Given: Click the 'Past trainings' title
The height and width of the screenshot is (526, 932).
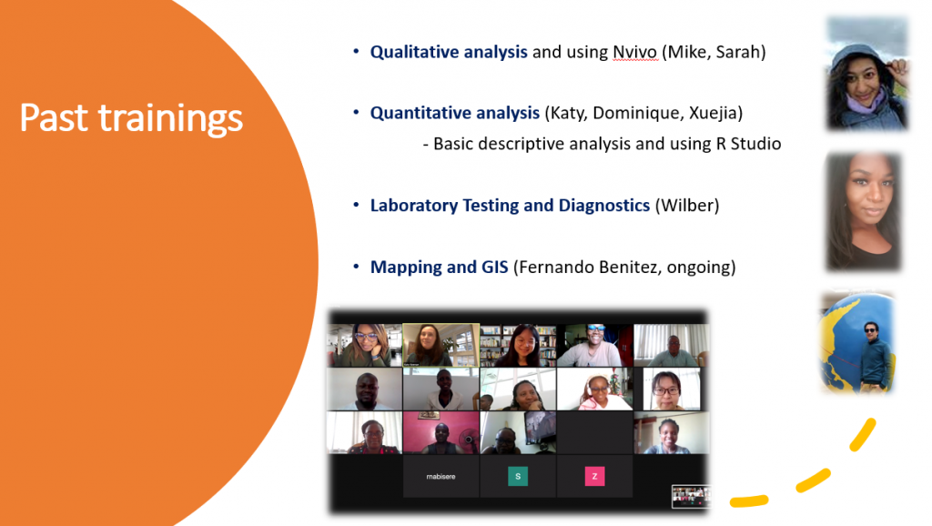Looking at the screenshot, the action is (x=131, y=117).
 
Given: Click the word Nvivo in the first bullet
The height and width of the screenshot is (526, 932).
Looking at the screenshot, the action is (x=634, y=52).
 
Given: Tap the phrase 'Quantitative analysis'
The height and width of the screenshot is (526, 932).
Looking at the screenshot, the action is (x=455, y=113).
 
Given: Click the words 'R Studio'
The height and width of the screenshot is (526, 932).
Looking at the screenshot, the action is (x=748, y=144).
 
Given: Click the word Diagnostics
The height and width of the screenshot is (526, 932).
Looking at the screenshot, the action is (x=604, y=206).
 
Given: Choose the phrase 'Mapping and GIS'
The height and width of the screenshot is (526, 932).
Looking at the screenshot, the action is (x=440, y=268).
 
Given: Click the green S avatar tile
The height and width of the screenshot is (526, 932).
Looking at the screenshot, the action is (x=518, y=476).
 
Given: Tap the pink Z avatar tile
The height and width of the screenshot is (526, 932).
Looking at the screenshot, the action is (x=594, y=476).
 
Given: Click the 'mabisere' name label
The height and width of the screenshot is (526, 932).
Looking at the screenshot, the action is (x=441, y=477).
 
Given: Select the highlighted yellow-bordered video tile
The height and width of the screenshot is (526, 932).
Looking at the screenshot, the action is (x=441, y=345).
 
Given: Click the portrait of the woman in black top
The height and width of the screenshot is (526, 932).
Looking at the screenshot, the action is (x=864, y=212).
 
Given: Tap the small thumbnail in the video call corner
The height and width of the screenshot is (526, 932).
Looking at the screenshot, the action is (x=691, y=496).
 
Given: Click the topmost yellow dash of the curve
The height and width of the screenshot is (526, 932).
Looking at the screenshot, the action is (x=863, y=434).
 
